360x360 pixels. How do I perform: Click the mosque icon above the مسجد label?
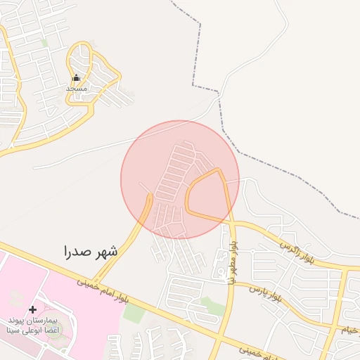76,78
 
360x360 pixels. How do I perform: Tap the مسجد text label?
76,89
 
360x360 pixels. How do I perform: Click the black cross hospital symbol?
32,310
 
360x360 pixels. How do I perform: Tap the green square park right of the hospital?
134,313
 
